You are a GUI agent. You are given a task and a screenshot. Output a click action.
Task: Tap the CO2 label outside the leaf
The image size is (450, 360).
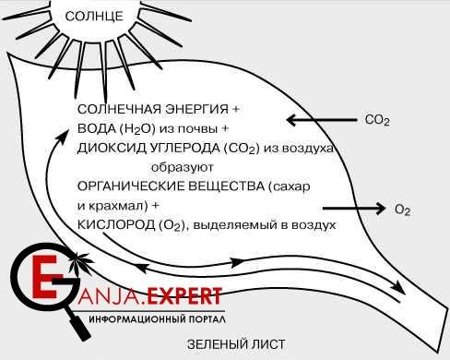coord(378,120)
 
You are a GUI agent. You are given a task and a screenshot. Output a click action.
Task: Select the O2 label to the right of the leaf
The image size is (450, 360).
coord(401,210)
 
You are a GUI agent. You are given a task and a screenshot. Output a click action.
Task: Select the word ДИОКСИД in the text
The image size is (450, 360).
coord(110,148)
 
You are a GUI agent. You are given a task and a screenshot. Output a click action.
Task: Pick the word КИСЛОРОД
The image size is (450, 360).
coord(114,224)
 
